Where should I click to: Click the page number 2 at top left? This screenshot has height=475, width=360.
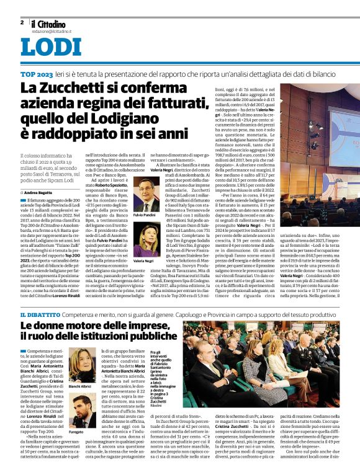(22, 21)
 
